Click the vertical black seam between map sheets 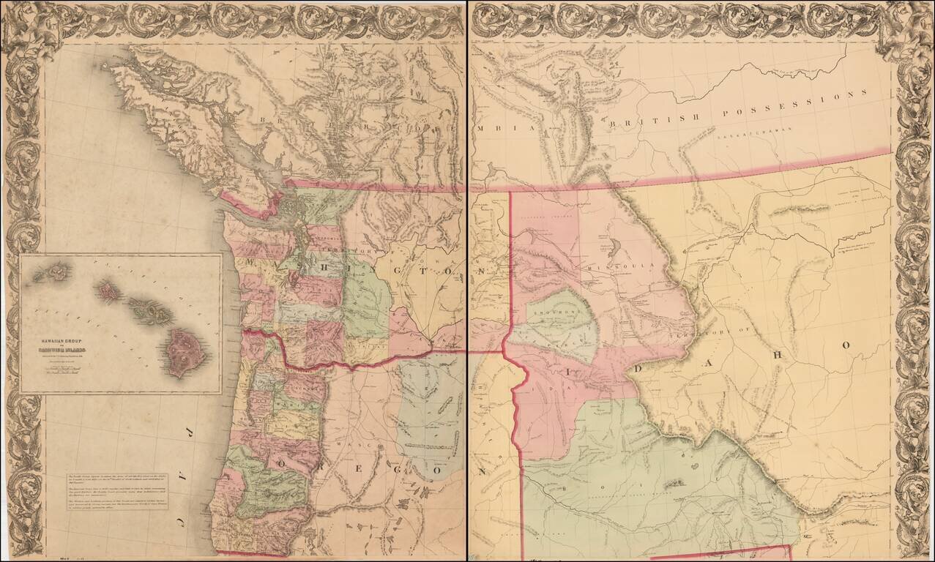coord(467,293)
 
